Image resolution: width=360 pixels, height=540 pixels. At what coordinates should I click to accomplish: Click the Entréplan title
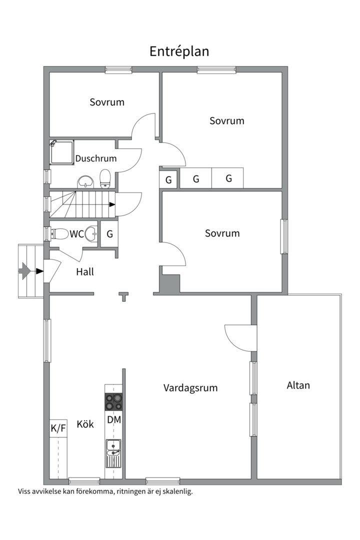pos(179,51)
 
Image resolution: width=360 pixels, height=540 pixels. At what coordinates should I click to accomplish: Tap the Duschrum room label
pos(96,158)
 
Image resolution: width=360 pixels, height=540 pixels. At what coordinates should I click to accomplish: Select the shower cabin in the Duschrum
pos(62,152)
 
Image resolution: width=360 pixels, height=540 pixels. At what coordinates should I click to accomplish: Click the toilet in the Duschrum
pos(104,178)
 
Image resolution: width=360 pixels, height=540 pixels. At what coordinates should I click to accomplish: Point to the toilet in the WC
pos(59,234)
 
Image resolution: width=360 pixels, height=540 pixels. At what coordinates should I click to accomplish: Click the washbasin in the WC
pos(91,234)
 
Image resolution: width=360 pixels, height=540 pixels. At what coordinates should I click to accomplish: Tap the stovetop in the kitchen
pos(114,402)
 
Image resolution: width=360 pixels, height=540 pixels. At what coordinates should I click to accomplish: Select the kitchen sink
pos(113,453)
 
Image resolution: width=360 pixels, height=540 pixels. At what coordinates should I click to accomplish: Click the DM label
pos(114,419)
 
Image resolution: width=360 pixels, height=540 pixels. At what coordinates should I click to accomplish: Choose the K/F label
pos(58,428)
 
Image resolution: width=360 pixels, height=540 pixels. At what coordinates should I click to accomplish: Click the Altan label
pos(298,385)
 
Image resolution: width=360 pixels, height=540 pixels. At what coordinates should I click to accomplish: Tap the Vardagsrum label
pos(190,388)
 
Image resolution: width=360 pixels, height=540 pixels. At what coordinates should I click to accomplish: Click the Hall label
pos(85,271)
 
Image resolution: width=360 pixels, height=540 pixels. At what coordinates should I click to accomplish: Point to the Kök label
pos(85,424)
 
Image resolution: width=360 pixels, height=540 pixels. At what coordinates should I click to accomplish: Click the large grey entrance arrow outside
pos(25,271)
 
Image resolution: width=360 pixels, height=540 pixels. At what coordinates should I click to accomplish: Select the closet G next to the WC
pos(109,234)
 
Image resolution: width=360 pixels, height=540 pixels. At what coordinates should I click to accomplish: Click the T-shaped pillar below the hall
pos(123,296)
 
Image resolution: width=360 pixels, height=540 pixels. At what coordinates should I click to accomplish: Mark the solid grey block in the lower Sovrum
pos(170,284)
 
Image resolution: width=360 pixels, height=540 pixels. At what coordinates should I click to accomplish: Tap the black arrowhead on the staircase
pos(112,204)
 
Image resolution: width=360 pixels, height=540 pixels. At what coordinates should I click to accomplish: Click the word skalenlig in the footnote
pos(178,491)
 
